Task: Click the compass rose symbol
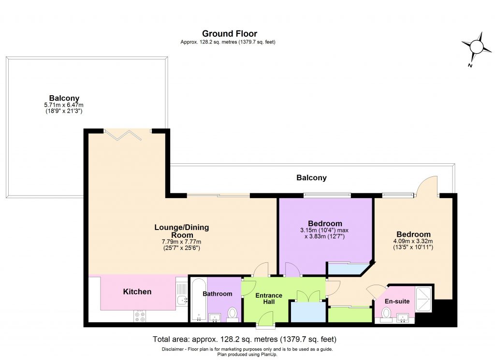(x=476, y=47)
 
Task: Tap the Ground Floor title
(x=229, y=34)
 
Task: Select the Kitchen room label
(x=137, y=292)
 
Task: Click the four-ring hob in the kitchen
(x=140, y=316)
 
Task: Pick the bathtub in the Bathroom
(x=198, y=300)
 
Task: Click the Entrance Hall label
(x=268, y=299)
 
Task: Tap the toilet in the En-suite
(x=385, y=315)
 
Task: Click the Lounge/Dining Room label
(x=182, y=231)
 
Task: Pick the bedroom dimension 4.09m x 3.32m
(x=412, y=242)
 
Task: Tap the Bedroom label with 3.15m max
(x=325, y=224)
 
